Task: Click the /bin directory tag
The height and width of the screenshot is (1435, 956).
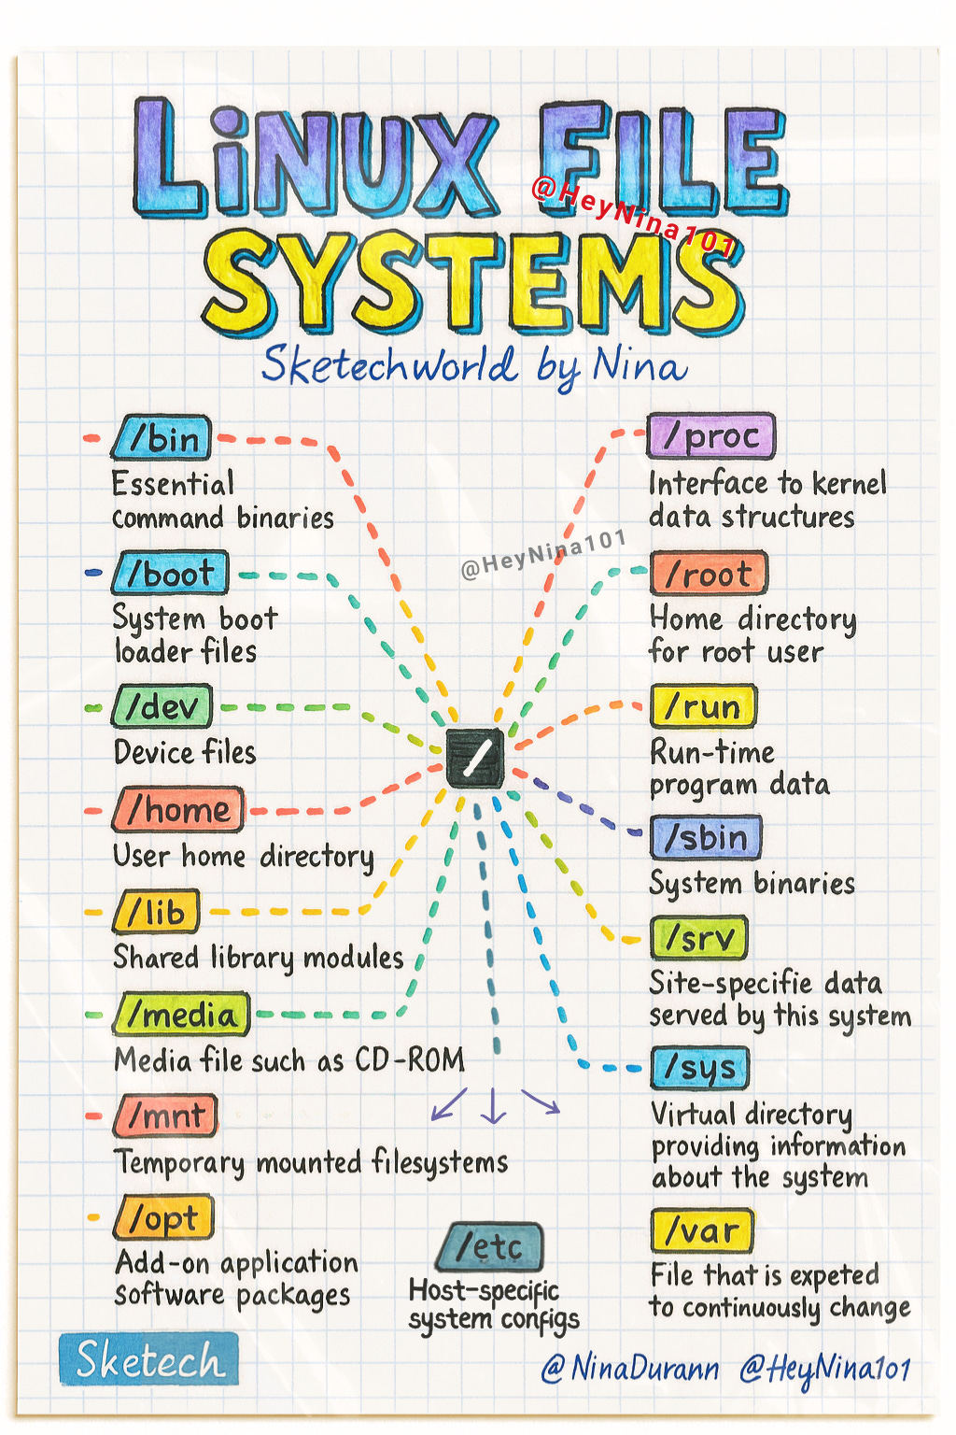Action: coord(162,438)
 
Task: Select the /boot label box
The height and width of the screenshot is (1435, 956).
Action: coord(170,573)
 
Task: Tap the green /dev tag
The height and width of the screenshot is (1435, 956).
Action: coord(162,706)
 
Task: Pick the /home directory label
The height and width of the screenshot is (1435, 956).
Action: coord(177,810)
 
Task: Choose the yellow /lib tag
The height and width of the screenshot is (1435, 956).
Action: coord(156,912)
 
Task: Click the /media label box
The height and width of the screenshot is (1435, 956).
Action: coord(181,1015)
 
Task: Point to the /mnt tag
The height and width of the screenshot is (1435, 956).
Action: coord(166,1115)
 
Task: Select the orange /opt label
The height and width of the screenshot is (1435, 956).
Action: coord(164,1218)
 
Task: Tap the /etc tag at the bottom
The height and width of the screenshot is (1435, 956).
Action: coord(489,1246)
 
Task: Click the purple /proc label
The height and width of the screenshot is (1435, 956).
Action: coord(711,436)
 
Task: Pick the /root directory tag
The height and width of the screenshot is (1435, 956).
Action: coord(709,574)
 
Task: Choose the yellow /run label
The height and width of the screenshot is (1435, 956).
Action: coord(703,707)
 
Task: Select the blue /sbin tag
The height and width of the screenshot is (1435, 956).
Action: coord(706,837)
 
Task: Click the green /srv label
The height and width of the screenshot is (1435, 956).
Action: coord(699,938)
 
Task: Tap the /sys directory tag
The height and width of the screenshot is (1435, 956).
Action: coord(700,1068)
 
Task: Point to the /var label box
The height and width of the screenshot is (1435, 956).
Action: coord(702,1231)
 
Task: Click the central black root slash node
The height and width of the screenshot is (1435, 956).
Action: coord(474,758)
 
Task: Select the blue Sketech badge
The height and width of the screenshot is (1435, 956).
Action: coord(148,1358)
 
